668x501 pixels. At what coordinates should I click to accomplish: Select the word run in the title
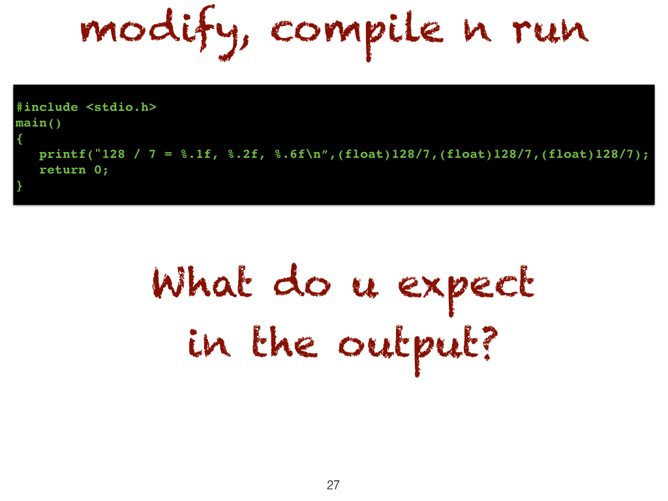pos(550,31)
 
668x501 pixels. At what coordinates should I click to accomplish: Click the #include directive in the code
pos(47,107)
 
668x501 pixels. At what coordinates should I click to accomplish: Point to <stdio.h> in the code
pos(121,107)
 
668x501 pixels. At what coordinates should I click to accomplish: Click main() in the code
pos(38,123)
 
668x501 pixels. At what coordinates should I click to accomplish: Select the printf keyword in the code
pos(63,154)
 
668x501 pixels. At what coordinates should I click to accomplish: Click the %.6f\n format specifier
pos(297,154)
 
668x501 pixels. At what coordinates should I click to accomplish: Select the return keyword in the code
pos(63,170)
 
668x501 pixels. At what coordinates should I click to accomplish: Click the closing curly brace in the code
pos(19,186)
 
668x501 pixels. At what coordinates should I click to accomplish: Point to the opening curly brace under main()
pos(19,139)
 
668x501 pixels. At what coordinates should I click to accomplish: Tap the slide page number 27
pos(333,485)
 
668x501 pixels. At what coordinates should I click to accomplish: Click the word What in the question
pos(202,282)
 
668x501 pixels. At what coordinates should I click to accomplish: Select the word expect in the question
pos(466,289)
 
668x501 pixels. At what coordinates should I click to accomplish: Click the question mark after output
pos(489,343)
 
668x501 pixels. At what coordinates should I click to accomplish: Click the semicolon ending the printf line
pos(646,155)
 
